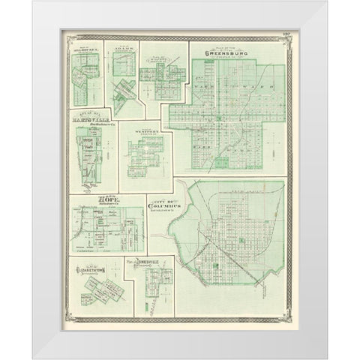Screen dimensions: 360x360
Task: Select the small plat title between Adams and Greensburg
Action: click(x=155, y=63)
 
